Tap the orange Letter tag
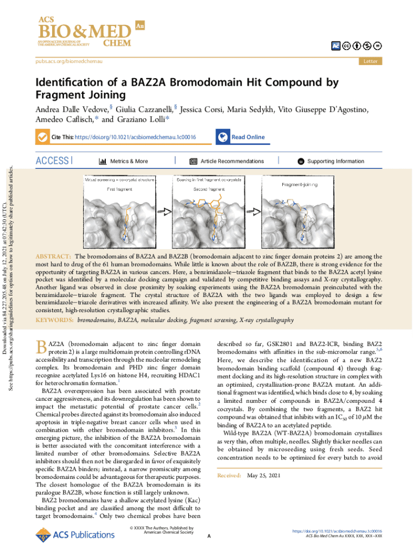pos(370,61)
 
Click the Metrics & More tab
pos(128,161)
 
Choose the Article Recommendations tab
pos(232,161)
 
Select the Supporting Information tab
pos(335,161)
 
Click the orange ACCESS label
pos(52,161)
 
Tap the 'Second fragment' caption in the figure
pos(209,189)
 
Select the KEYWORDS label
pos(54,321)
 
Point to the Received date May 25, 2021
pos(264,476)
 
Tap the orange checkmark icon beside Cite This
pos(42,137)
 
